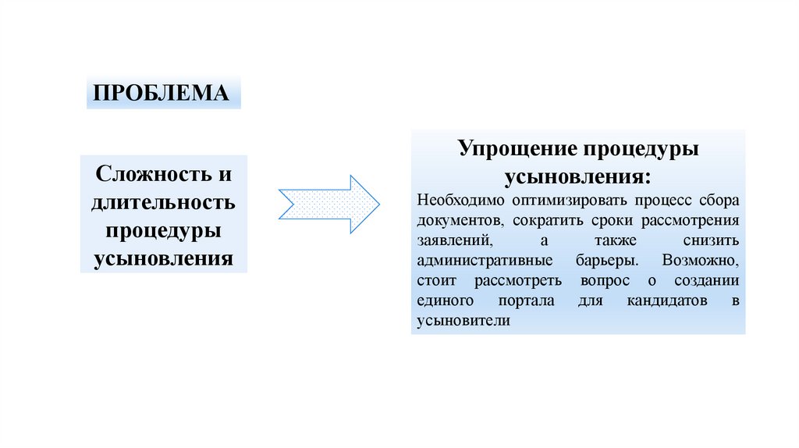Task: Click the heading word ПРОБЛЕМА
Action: (x=162, y=93)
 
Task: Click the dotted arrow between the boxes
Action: (x=328, y=204)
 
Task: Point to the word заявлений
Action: (x=453, y=240)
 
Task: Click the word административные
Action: (x=485, y=260)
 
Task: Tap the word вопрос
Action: (x=605, y=280)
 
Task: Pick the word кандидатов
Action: (x=666, y=300)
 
